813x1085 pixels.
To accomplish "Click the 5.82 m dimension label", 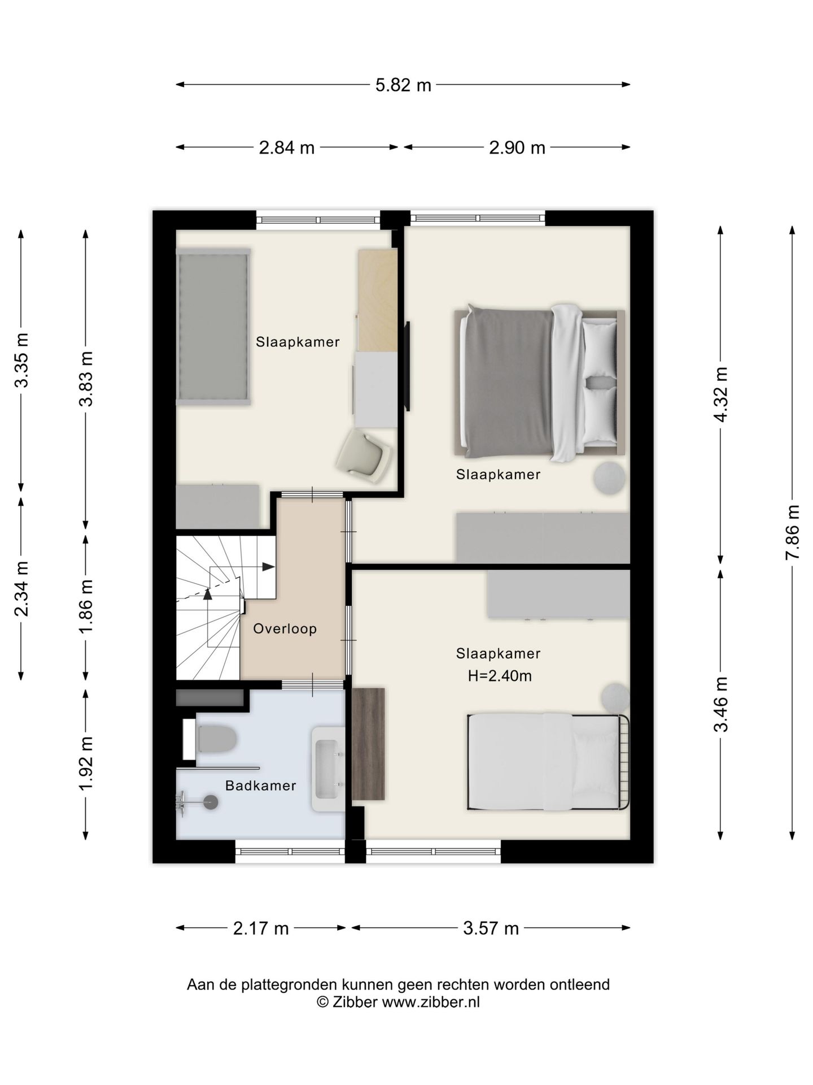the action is pyautogui.click(x=403, y=85).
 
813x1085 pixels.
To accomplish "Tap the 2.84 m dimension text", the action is pyautogui.click(x=287, y=147).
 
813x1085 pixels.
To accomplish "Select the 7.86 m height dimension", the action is pyautogui.click(x=793, y=532).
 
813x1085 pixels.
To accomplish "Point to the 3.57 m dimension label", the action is pyautogui.click(x=491, y=928).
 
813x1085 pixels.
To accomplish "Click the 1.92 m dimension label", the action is pyautogui.click(x=86, y=764).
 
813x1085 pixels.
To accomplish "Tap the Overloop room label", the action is pyautogui.click(x=285, y=628).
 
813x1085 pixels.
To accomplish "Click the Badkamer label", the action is pyautogui.click(x=260, y=785).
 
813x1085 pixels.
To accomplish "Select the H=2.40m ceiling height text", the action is pyautogui.click(x=500, y=676).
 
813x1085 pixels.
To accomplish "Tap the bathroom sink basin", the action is pyautogui.click(x=328, y=769).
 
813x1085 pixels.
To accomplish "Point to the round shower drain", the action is pyautogui.click(x=211, y=801).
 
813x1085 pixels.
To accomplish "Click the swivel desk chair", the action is pyautogui.click(x=365, y=455).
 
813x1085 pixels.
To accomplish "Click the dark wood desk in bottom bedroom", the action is pyautogui.click(x=368, y=744).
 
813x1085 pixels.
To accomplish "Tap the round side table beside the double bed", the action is pyautogui.click(x=609, y=478).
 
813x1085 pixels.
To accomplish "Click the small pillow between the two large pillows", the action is pyautogui.click(x=600, y=383).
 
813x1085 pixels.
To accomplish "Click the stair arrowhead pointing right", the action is pyautogui.click(x=269, y=567).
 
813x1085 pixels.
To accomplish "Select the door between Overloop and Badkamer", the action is pyautogui.click(x=313, y=684).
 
